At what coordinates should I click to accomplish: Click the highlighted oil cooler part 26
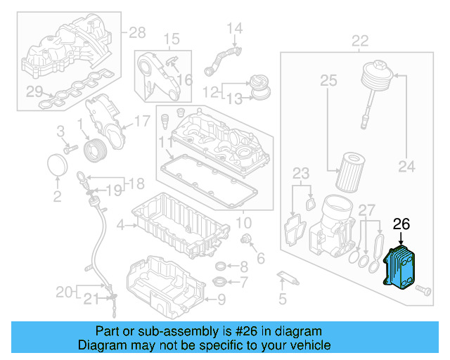tap(400, 267)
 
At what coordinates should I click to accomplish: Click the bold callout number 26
tap(401, 224)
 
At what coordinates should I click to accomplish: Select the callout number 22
tap(360, 39)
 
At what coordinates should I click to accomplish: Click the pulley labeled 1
tap(94, 150)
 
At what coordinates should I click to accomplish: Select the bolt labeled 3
tap(68, 149)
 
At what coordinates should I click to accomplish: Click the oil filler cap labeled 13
tap(261, 89)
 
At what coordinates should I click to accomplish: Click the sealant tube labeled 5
tap(288, 277)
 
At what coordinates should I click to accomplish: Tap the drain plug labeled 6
tap(247, 242)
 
